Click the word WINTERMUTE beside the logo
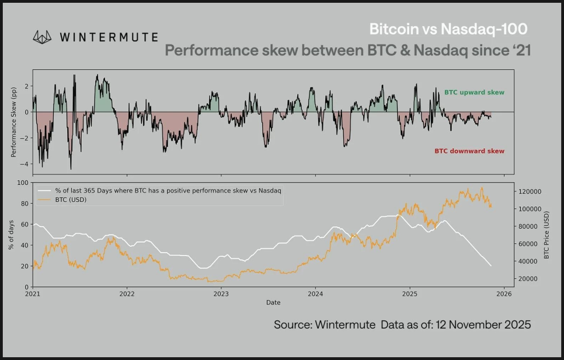[x=109, y=37]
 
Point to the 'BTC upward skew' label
[x=474, y=92]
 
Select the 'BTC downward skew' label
[x=469, y=151]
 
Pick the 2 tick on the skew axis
[x=26, y=86]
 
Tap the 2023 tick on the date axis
[x=221, y=294]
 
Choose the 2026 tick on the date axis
[x=504, y=294]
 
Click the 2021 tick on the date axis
[x=33, y=294]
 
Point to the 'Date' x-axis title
[x=273, y=303]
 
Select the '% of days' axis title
[x=11, y=235]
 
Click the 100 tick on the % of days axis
[x=23, y=183]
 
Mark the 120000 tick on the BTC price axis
[x=529, y=191]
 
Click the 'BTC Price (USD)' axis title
[x=547, y=235]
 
